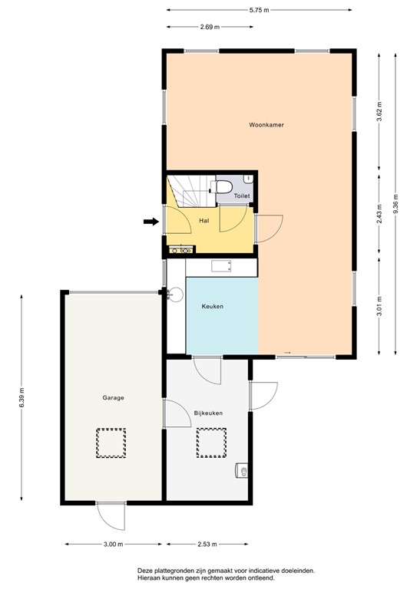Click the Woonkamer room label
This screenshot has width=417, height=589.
coord(261,124)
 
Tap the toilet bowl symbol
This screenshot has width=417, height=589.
coord(223,188)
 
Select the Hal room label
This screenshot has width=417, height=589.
coord(204,221)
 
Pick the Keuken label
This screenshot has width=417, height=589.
coord(212,307)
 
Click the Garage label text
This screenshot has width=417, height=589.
coord(114,398)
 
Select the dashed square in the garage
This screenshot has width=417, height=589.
coord(110,442)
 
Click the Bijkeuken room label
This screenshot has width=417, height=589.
coord(208,413)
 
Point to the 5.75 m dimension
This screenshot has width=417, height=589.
coord(258,10)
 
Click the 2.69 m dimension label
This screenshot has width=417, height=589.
coord(210,27)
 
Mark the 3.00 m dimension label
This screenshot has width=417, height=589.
coord(112,545)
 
